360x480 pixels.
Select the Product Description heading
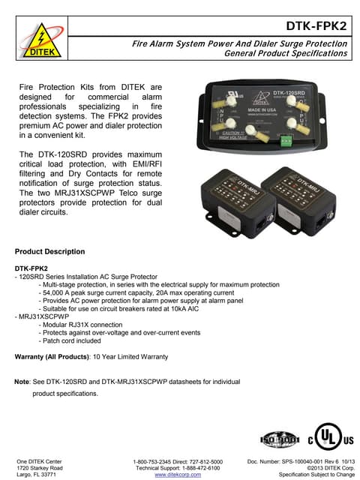[x=49, y=250]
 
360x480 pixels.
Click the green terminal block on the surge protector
[x=285, y=139]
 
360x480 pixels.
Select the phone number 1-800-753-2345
[x=154, y=460]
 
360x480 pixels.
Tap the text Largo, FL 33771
[x=37, y=475]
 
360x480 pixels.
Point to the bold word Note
[x=22, y=382]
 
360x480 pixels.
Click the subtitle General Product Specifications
[x=286, y=54]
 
